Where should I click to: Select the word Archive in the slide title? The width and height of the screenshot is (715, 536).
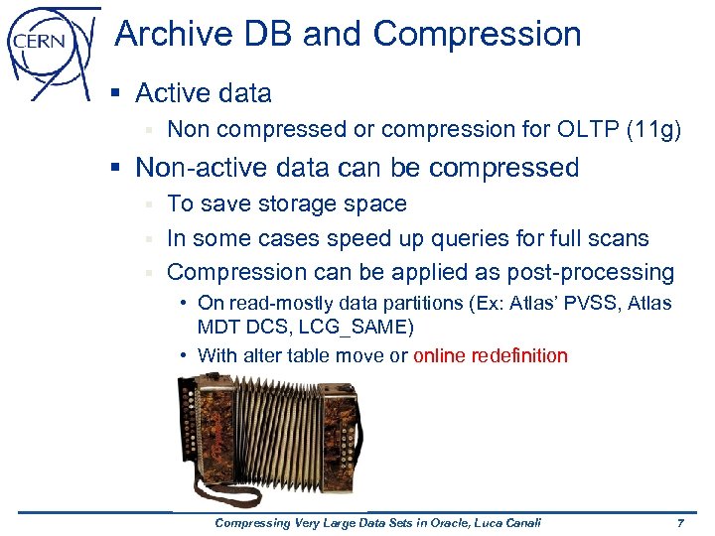click(x=170, y=35)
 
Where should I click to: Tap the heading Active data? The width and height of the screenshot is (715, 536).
click(x=203, y=93)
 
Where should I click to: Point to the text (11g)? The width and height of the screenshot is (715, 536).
click(x=654, y=130)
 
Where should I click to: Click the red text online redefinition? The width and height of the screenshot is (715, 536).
click(x=491, y=355)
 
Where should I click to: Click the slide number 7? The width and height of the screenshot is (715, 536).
click(x=679, y=522)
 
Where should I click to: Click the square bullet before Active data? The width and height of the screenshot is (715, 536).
click(x=115, y=93)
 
